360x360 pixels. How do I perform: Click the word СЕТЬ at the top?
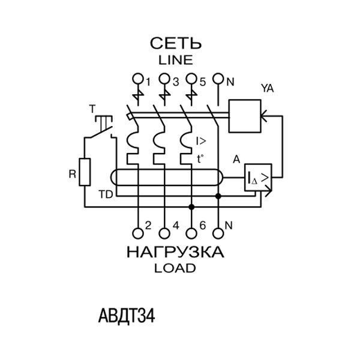point(175,44)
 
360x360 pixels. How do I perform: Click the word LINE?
point(175,60)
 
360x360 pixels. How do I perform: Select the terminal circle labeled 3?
point(164,79)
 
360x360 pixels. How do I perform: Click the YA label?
point(267,89)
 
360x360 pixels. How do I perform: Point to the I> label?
point(201,142)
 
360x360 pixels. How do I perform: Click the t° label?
point(200,159)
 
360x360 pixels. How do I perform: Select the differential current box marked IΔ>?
point(257,178)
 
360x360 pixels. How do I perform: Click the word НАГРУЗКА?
point(175,252)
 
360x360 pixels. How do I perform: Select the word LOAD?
point(175,268)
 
